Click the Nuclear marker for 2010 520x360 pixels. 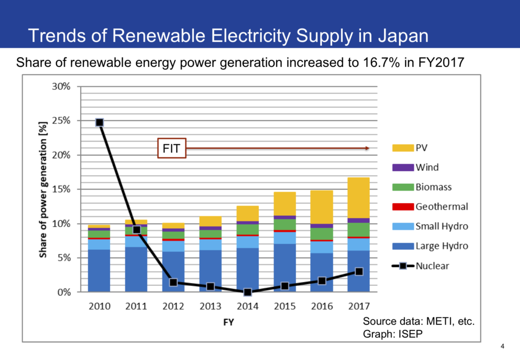click(100, 122)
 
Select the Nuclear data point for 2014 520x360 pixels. click(247, 292)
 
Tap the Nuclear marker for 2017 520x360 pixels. click(359, 272)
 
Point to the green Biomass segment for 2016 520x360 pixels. click(321, 234)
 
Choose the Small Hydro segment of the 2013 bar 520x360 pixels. click(210, 244)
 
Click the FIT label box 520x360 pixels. click(172, 148)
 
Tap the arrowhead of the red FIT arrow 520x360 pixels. click(367, 148)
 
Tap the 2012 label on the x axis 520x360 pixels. click(173, 306)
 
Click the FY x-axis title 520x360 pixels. click(229, 322)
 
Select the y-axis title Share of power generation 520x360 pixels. click(44, 189)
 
